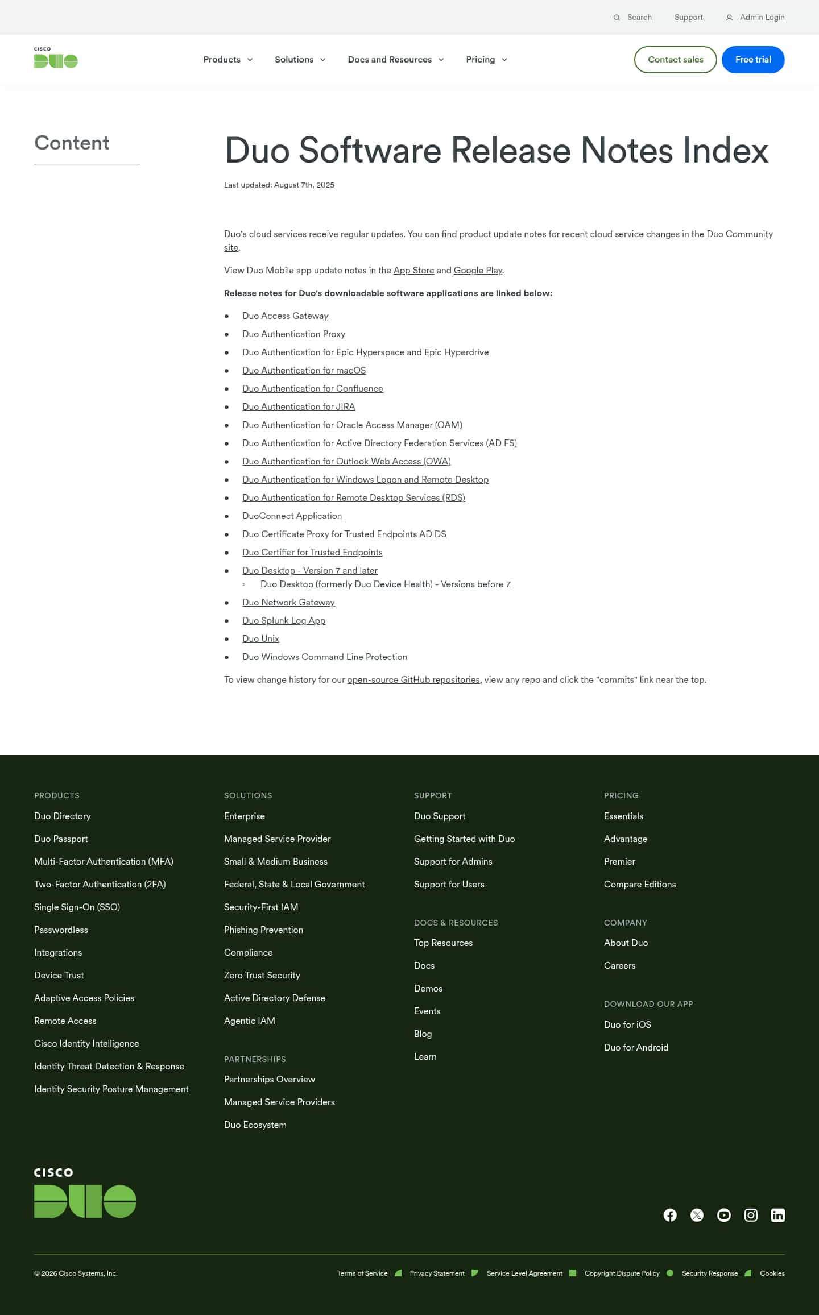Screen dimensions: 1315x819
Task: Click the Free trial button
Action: click(752, 60)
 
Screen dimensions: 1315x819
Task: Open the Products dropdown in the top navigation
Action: click(227, 60)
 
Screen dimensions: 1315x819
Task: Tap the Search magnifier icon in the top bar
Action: click(617, 18)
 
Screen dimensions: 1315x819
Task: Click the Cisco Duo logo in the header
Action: click(56, 58)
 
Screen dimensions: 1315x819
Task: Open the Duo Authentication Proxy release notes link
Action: click(293, 334)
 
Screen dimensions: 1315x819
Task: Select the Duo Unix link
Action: click(260, 639)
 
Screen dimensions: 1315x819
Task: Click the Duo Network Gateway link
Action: click(288, 603)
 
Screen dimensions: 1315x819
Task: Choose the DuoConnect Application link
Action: click(292, 516)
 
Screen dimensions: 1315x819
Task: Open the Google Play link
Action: click(478, 271)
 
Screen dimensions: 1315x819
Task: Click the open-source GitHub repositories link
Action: click(413, 680)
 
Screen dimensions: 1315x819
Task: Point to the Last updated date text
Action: click(279, 185)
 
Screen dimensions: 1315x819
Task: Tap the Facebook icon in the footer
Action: click(670, 1215)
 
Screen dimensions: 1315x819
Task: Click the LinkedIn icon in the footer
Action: click(777, 1215)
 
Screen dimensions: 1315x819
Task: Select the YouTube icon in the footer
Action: click(723, 1215)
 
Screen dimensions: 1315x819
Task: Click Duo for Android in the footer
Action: click(636, 1047)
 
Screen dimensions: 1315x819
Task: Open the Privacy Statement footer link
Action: click(437, 1273)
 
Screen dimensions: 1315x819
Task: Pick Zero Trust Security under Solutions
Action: click(262, 976)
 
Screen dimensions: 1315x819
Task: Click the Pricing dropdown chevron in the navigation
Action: click(504, 60)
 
